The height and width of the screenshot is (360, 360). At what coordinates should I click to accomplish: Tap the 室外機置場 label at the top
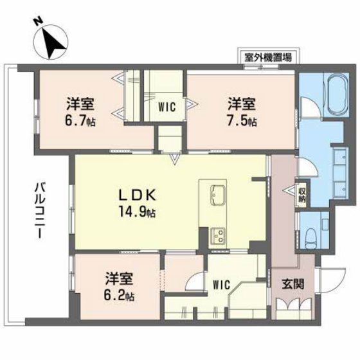point(267,57)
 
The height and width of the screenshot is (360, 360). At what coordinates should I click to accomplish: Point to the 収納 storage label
point(301,195)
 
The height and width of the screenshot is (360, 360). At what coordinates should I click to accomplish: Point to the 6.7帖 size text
point(80,120)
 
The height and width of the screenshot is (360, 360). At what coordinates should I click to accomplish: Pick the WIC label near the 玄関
point(222,283)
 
